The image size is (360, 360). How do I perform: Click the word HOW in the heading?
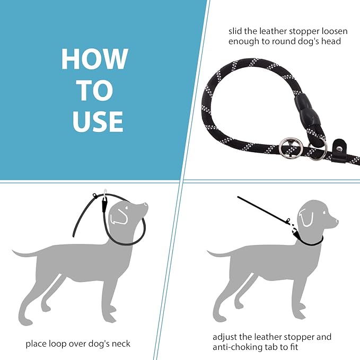coord(94,59)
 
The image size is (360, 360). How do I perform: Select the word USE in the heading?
coord(98,121)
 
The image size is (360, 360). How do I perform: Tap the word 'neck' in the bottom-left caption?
coord(120,344)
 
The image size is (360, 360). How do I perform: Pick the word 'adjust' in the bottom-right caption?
coord(225,337)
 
